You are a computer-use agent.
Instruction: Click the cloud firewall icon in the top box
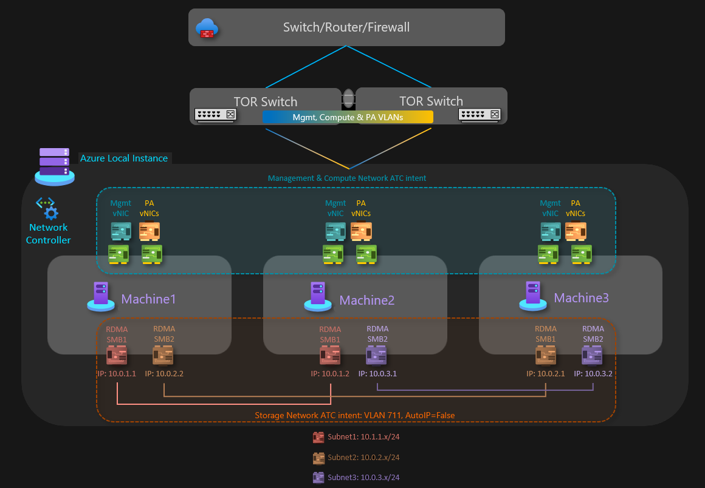[x=207, y=28]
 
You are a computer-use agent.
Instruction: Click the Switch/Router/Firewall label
[x=346, y=27]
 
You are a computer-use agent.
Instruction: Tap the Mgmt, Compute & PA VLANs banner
[x=348, y=117]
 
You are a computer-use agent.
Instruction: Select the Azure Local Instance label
[x=124, y=158]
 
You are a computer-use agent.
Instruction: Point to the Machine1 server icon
[x=100, y=296]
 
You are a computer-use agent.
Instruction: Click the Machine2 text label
[x=367, y=300]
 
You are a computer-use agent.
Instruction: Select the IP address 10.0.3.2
[x=593, y=374]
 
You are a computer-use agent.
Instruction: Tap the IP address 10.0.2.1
[x=546, y=374]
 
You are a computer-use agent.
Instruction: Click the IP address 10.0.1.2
[x=330, y=374]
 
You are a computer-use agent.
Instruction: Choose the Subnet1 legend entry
[x=356, y=437]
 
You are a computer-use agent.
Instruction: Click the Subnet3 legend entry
[x=356, y=478]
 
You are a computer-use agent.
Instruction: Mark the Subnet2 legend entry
[x=356, y=457]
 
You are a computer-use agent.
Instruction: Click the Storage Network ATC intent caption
[x=354, y=416]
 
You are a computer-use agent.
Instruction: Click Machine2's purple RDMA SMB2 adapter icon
[x=377, y=355]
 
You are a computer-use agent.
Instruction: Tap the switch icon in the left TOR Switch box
[x=215, y=115]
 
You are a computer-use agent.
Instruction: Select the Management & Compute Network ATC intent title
[x=347, y=178]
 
